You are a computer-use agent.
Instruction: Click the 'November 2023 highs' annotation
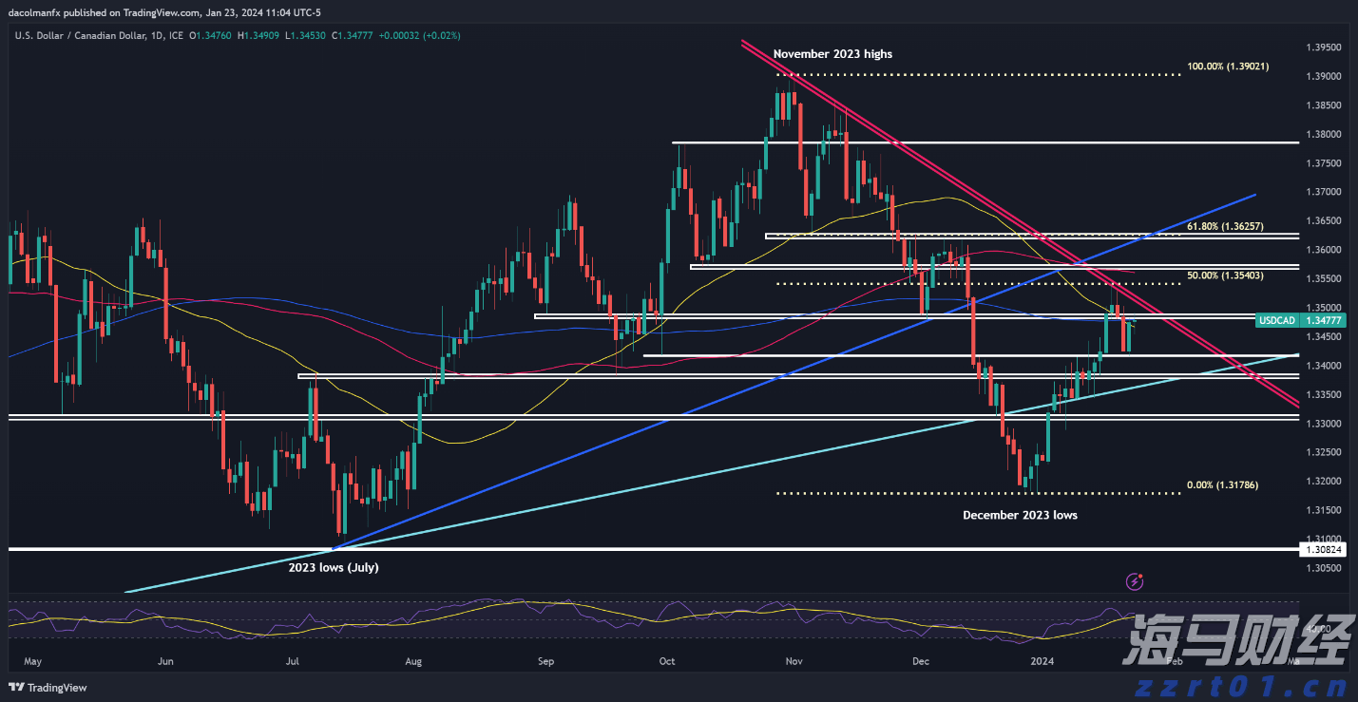(x=832, y=54)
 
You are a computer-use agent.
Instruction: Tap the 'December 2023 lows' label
(x=1020, y=515)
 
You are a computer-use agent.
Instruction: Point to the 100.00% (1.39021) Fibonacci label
(x=1228, y=66)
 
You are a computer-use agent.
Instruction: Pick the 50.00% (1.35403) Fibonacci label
(x=1228, y=275)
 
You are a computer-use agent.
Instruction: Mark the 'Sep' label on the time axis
(x=545, y=660)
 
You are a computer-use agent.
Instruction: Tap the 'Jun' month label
(x=165, y=660)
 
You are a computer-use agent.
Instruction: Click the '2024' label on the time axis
(x=1042, y=660)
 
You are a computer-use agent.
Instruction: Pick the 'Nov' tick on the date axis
(x=795, y=660)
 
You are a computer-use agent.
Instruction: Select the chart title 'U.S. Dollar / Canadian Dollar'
(x=80, y=36)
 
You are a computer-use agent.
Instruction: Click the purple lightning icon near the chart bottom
(x=1134, y=580)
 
